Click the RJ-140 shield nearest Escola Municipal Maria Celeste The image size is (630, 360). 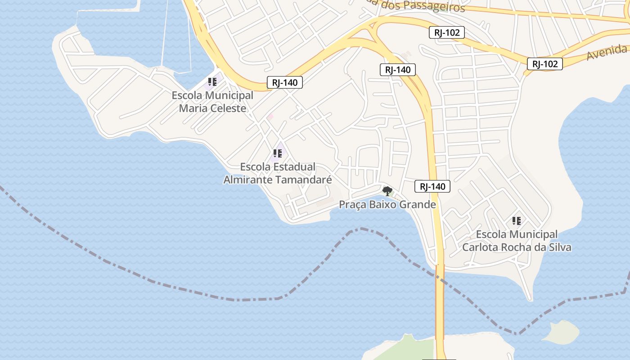pos(285,82)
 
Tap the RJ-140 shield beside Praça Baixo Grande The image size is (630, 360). pos(432,186)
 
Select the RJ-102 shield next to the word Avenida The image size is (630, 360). pos(545,64)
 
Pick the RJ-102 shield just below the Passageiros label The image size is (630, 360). pos(447,32)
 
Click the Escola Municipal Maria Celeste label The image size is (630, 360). pos(212,102)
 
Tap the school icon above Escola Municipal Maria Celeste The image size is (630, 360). pos(212,82)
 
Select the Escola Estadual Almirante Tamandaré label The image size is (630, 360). pos(278,173)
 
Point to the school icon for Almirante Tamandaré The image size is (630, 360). pos(278,153)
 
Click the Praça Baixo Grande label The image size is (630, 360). pos(387,205)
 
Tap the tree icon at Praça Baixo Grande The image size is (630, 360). pos(387,191)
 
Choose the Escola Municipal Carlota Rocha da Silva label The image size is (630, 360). pos(517,241)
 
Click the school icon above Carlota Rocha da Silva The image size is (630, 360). pos(517,221)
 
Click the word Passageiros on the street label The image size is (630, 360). pos(432,7)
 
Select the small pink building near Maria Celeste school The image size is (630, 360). pos(270,117)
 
